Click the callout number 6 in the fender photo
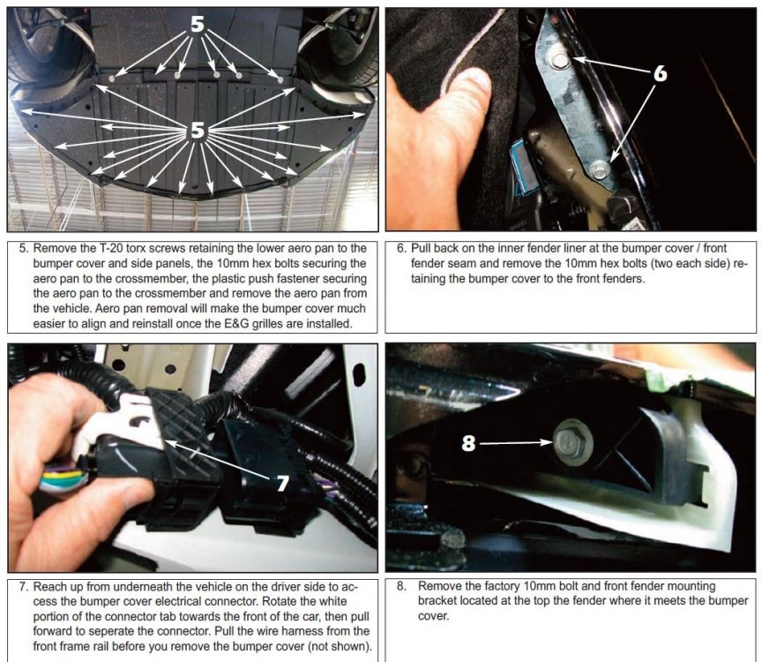(660, 73)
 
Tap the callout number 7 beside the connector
(283, 483)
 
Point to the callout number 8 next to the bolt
(468, 443)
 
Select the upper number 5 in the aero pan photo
(197, 23)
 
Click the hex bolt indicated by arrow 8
(571, 441)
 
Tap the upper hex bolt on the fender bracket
(560, 60)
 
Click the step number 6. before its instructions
(401, 248)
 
